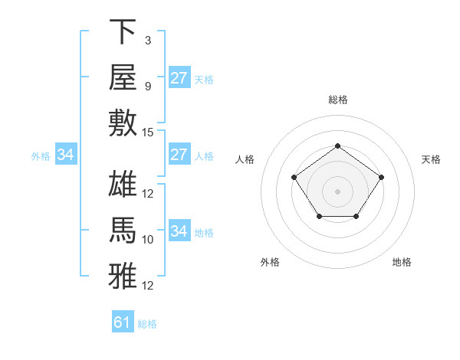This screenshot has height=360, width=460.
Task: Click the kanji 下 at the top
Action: click(123, 31)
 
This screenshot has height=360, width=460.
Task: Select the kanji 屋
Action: click(123, 77)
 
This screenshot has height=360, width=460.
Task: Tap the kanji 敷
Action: click(123, 123)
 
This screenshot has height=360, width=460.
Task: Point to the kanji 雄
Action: click(123, 184)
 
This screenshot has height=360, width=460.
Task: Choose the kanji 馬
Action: click(123, 230)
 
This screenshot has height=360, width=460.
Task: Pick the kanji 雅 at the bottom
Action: click(123, 276)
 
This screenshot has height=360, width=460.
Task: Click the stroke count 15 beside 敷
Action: click(147, 133)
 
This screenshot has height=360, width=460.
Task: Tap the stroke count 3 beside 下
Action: click(148, 41)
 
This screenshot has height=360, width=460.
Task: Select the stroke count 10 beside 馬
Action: click(147, 240)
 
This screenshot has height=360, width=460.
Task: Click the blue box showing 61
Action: click(123, 321)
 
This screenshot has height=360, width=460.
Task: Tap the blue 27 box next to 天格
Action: click(179, 77)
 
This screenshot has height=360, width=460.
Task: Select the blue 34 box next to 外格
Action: click(66, 154)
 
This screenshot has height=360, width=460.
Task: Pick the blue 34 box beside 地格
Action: click(179, 230)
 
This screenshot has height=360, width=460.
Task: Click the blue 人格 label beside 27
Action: click(204, 156)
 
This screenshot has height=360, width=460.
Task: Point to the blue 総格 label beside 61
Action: click(147, 324)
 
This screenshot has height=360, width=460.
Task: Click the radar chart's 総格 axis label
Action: click(338, 100)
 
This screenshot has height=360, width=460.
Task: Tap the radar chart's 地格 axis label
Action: click(402, 262)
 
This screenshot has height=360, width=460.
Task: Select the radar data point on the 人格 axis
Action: click(294, 178)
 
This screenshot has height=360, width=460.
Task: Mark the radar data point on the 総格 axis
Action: click(337, 146)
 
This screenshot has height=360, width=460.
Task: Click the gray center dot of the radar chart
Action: click(337, 191)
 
